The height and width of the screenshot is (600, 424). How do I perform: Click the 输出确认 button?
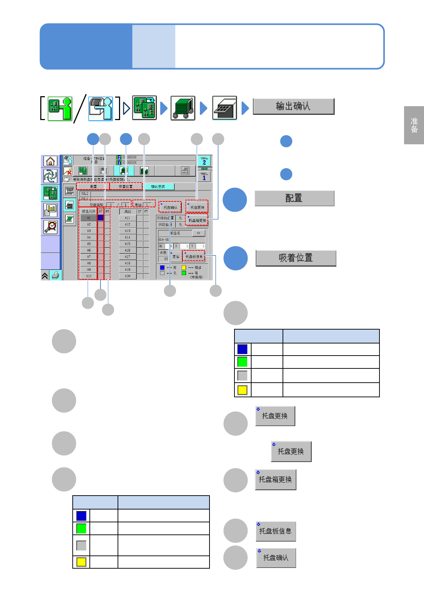pos(293,107)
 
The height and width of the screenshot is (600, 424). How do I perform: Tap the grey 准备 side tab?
pos(414,125)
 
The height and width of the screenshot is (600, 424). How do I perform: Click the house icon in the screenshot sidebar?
pos(50,161)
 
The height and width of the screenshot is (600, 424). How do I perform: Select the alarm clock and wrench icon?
pos(50,227)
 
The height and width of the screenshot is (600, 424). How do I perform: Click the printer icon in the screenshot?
pos(56,275)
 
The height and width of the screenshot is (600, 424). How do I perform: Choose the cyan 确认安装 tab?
pos(158,187)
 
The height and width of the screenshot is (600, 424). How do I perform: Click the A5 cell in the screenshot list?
pos(89,244)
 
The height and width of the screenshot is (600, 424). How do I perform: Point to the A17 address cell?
pos(128,257)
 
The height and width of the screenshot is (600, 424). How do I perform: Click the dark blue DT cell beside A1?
pos(100,218)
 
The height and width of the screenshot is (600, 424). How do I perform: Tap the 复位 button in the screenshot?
pos(176,257)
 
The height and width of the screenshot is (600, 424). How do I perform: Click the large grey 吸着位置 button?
pos(296,258)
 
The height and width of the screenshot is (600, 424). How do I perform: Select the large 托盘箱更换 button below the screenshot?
pos(275,480)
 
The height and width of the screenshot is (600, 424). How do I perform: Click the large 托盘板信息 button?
pos(275,531)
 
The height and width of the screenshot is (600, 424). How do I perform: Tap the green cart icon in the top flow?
pos(183,108)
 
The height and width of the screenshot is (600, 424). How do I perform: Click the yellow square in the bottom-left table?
pos(81,562)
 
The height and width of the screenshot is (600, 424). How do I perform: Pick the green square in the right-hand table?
pos(242,362)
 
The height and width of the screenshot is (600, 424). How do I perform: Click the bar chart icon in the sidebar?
pos(50,210)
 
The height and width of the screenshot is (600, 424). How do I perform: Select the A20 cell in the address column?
pos(128,276)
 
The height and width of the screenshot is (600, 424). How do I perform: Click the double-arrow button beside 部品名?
pos(198,233)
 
